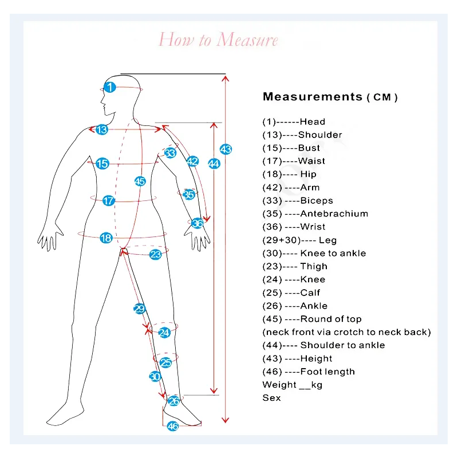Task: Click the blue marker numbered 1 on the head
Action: pyautogui.click(x=110, y=87)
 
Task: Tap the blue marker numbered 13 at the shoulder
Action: pyautogui.click(x=102, y=129)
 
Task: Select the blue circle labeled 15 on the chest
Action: pyautogui.click(x=102, y=164)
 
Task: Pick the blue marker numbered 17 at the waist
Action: pyautogui.click(x=108, y=201)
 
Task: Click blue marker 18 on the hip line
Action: pyautogui.click(x=106, y=238)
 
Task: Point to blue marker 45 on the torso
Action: pyautogui.click(x=140, y=181)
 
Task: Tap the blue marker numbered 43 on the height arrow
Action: pyautogui.click(x=226, y=149)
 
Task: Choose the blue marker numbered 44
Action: pyautogui.click(x=214, y=164)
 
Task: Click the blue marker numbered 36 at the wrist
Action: pyautogui.click(x=198, y=223)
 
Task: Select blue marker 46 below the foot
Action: pyautogui.click(x=173, y=426)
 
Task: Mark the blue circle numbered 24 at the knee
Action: pyautogui.click(x=164, y=333)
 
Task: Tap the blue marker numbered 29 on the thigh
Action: pyautogui.click(x=139, y=309)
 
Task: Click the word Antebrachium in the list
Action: pyautogui.click(x=334, y=214)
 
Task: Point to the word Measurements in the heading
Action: pyautogui.click(x=313, y=96)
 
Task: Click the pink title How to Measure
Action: pyautogui.click(x=218, y=40)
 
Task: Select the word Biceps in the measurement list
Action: pyautogui.click(x=317, y=201)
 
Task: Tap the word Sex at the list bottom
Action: pyautogui.click(x=271, y=398)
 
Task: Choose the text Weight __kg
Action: pyautogui.click(x=293, y=385)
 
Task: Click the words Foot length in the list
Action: pyautogui.click(x=327, y=372)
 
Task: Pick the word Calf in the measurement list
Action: pyautogui.click(x=310, y=293)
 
